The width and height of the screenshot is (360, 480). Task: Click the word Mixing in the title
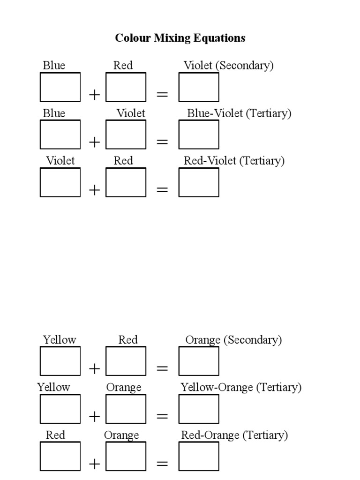click(172, 38)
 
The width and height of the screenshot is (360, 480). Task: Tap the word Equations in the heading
click(219, 38)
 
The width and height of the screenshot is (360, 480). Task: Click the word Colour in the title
click(133, 38)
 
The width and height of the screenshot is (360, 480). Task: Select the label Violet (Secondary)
click(228, 66)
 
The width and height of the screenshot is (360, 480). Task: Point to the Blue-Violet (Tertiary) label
click(239, 113)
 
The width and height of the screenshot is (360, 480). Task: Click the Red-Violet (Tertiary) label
click(234, 161)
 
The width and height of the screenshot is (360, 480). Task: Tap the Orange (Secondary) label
click(233, 340)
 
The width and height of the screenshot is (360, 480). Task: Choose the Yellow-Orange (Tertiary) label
click(241, 388)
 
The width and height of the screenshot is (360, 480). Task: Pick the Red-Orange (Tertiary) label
click(234, 435)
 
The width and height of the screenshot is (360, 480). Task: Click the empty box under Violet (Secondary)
click(199, 87)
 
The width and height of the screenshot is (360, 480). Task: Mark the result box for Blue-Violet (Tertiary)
click(199, 135)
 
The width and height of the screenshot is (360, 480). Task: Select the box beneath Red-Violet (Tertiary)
click(199, 182)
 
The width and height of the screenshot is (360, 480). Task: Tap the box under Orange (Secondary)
click(199, 361)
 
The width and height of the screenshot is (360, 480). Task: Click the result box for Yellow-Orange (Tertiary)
click(199, 409)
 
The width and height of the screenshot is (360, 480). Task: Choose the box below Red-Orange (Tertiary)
click(199, 456)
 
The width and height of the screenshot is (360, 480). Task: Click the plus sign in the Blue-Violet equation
click(95, 142)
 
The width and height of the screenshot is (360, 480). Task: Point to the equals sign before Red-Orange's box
click(162, 464)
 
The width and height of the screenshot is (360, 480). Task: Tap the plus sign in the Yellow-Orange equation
click(95, 416)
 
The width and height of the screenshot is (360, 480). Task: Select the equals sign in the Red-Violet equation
click(162, 190)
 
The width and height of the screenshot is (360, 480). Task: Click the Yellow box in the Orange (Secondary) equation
click(60, 361)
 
